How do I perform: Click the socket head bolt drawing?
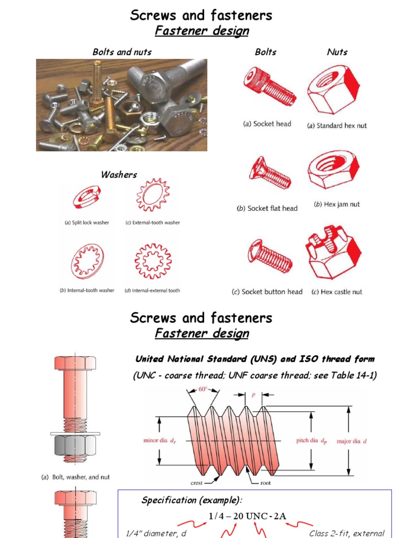coord(269,87)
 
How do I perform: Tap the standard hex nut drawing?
coord(333,89)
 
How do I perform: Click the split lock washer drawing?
coord(87,199)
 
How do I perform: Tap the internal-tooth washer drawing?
coord(87,261)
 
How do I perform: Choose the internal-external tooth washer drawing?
coord(152,261)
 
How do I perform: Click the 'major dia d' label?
coord(352,441)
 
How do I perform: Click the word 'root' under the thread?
coord(266,483)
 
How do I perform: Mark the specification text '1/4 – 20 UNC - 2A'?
coord(248,516)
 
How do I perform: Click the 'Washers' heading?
coord(119,174)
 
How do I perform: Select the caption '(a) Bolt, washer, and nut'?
coord(76,477)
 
